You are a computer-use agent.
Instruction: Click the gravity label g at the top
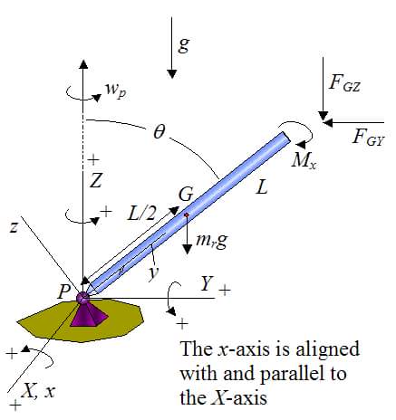[x=183, y=45]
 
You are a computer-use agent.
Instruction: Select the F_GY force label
[x=368, y=138]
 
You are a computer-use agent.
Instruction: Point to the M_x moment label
[x=304, y=161]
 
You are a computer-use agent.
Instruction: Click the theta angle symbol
[x=159, y=132]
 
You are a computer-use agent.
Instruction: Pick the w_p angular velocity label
[x=116, y=91]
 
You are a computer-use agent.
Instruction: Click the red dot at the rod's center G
[x=187, y=215]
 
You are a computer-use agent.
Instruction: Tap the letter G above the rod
[x=186, y=195]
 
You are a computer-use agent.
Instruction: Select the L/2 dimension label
[x=142, y=215]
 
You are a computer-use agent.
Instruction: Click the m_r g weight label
[x=211, y=242]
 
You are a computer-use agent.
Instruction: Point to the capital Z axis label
[x=96, y=181]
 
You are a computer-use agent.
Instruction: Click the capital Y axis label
[x=207, y=283]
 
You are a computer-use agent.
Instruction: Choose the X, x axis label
[x=39, y=391]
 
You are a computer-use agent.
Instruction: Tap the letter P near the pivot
[x=63, y=292]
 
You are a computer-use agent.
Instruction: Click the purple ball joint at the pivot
[x=82, y=298]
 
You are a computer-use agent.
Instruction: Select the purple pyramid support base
[x=88, y=315]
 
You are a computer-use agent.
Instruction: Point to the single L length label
[x=262, y=188]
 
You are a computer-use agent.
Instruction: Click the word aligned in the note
[x=328, y=350]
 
